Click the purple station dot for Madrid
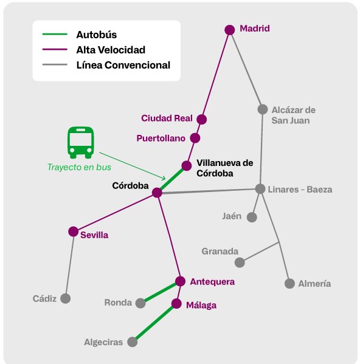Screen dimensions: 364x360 (230, 29)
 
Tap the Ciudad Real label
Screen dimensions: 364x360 (167, 118)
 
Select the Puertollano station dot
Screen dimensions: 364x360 (195, 138)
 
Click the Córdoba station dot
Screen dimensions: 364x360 (157, 193)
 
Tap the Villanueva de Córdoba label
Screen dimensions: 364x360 (224, 167)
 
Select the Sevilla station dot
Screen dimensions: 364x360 (74, 232)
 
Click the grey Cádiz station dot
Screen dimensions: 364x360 (65, 298)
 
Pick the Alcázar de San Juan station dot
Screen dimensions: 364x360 (263, 109)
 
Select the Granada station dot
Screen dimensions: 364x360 (240, 263)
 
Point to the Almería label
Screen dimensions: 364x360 (316, 284)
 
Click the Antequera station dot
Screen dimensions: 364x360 (180, 281)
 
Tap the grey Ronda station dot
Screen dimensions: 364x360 (141, 302)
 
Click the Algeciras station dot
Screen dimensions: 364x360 (132, 342)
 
